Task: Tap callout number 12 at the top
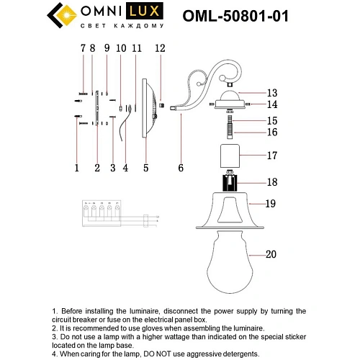pos(160,48)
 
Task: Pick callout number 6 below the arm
pos(181,168)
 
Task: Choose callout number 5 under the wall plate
pos(145,168)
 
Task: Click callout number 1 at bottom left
pos(76,168)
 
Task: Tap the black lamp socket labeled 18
pos(230,181)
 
